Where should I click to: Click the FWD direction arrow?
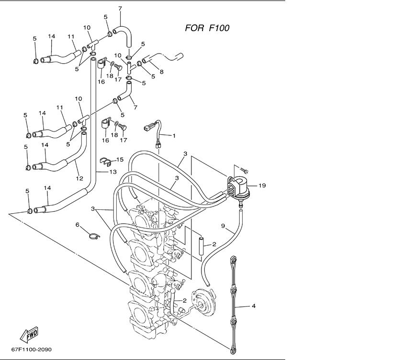pos(29,334)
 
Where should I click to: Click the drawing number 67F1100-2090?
pos(31,349)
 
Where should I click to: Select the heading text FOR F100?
pos(207,28)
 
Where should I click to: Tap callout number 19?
pos(262,185)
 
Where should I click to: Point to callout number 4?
pos(254,305)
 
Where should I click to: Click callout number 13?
pos(113,172)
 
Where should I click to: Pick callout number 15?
pos(120,160)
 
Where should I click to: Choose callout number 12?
pos(79,178)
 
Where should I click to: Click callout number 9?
pos(223,226)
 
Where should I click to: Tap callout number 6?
pos(78,225)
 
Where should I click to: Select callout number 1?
pos(174,136)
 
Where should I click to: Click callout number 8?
pos(162,72)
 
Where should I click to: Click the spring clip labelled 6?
pos(94,236)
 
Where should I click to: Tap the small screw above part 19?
pos(245,170)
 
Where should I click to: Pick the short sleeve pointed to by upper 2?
pos(201,245)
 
